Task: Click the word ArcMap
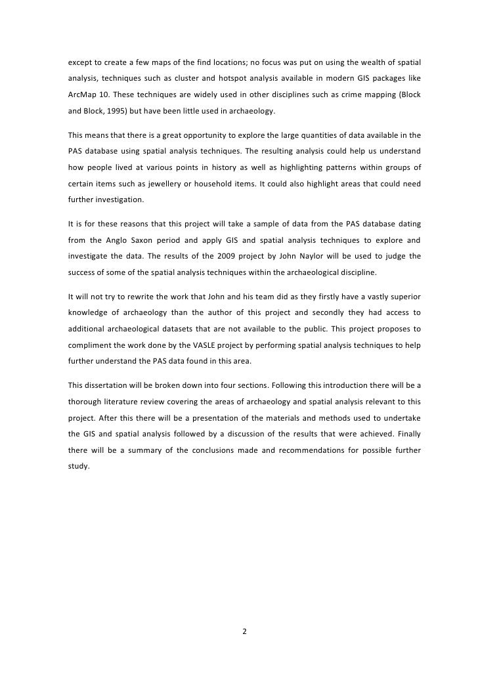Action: pyautogui.click(x=81, y=95)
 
